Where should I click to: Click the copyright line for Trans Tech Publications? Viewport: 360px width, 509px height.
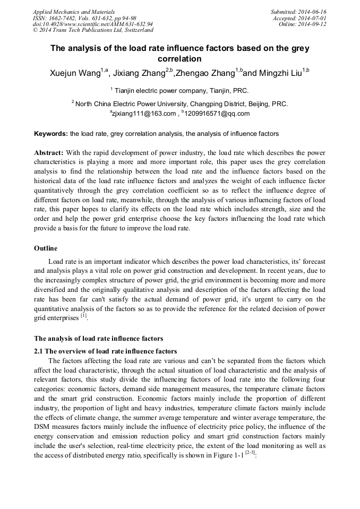(93, 30)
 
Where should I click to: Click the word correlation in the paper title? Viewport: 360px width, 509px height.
(179, 59)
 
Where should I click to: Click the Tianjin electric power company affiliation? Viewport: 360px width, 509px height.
(181, 91)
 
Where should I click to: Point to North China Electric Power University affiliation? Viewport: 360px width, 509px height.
(182, 104)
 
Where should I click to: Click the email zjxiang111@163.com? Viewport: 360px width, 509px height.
(143, 114)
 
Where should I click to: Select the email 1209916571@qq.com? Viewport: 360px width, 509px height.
(217, 114)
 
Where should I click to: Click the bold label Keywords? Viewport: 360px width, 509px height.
(51, 134)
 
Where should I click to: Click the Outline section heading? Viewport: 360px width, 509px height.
(46, 248)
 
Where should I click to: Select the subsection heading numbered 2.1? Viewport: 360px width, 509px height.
(105, 351)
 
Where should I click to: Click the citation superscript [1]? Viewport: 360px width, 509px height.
(83, 316)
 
